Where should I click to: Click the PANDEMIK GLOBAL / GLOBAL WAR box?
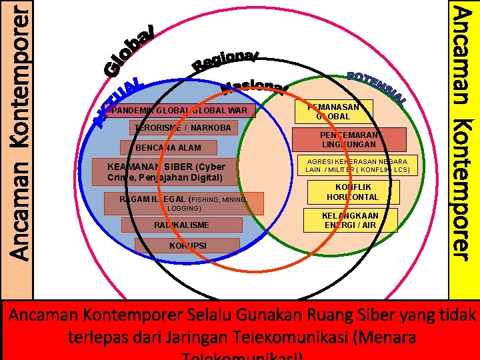[x=180, y=110]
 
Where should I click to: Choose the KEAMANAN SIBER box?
[x=166, y=172]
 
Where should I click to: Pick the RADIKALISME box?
[x=177, y=225]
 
